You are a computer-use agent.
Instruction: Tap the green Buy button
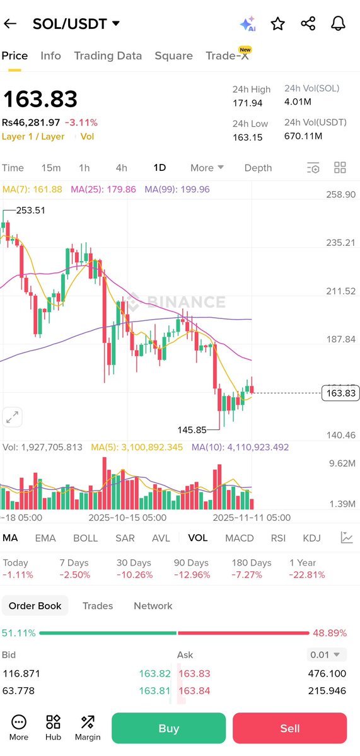tap(168, 728)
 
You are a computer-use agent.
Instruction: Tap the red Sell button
tap(289, 728)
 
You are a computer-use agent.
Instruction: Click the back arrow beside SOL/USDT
tap(10, 24)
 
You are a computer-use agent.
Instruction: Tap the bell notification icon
tap(338, 24)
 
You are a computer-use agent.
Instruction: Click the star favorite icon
tap(277, 24)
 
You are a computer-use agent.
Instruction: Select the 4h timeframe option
tap(121, 168)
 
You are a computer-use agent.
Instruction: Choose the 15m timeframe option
tap(51, 168)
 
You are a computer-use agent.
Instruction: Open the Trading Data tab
tap(108, 55)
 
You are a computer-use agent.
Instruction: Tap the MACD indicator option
tap(240, 538)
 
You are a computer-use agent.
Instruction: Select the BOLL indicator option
tap(85, 538)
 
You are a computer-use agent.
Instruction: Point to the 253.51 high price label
tap(30, 211)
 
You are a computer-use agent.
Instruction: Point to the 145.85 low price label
tap(192, 430)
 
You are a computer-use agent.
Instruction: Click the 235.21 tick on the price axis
tap(341, 243)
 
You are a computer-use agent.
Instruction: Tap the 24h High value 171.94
tap(247, 103)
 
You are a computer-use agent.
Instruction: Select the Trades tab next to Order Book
tap(98, 606)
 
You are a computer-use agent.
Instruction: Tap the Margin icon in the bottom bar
tap(88, 728)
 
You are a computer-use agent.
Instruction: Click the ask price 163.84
tap(194, 690)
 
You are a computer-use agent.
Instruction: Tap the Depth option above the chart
tap(258, 168)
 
